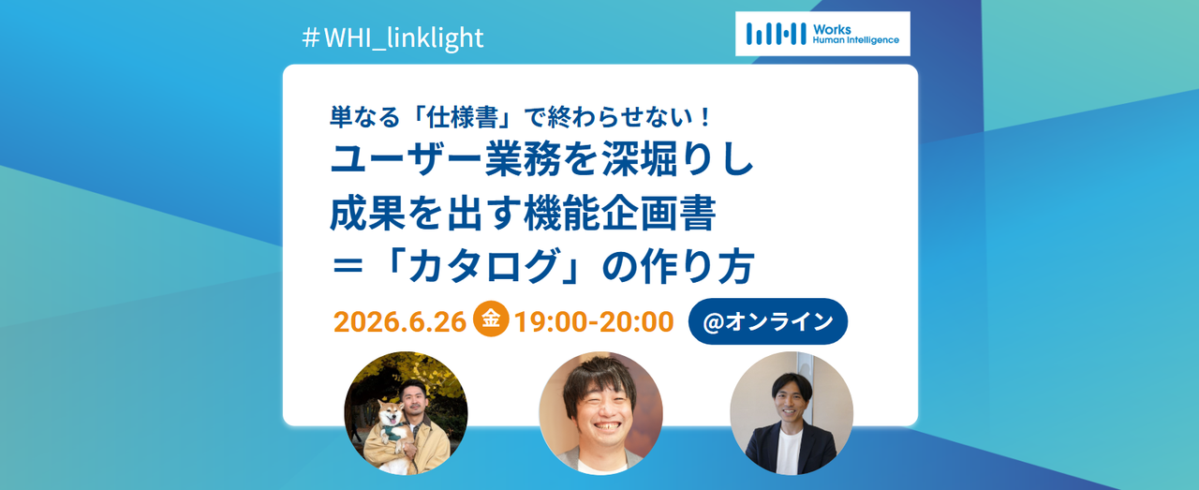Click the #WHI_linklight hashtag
coord(392,37)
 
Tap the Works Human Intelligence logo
coord(822,34)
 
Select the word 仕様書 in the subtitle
coord(463,117)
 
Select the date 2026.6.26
coord(400,322)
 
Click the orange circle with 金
coord(490,319)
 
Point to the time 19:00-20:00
coord(594,322)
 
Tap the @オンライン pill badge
coord(767,321)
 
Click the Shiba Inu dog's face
coord(391,415)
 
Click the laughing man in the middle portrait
coord(600,413)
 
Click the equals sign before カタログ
coord(348,266)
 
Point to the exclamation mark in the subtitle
coord(705,117)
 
